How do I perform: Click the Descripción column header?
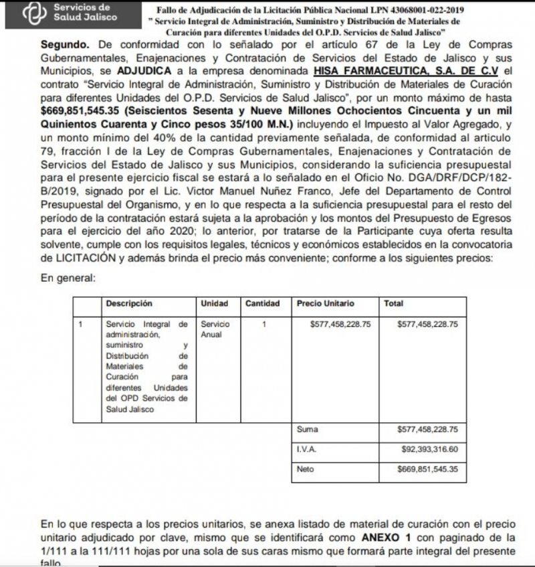point(128,303)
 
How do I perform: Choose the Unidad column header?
point(214,303)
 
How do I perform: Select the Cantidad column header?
point(262,303)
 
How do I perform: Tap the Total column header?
point(394,303)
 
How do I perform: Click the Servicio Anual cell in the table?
point(215,329)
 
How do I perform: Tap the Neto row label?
point(305,469)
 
